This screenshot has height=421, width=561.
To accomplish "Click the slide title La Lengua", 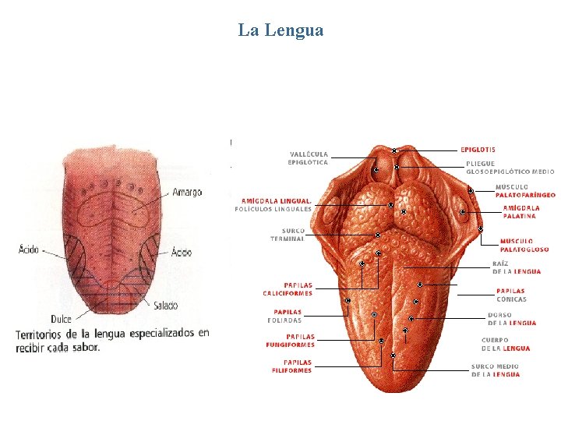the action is click(x=280, y=30).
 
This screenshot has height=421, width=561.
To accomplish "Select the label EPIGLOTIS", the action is click(x=478, y=150).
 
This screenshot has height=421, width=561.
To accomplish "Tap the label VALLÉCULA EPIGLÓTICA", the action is click(x=308, y=157).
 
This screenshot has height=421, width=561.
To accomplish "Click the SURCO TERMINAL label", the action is click(x=293, y=234).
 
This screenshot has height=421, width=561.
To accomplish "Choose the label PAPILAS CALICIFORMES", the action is click(x=287, y=289).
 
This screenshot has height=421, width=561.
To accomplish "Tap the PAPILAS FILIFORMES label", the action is click(x=291, y=366).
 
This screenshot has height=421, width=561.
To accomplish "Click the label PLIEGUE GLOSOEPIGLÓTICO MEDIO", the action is click(x=510, y=168).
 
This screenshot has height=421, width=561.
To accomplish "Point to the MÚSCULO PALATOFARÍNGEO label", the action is click(x=525, y=190).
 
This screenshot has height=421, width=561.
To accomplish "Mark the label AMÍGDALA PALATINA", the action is click(x=520, y=211).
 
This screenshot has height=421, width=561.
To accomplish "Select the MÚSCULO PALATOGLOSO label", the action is click(x=524, y=246).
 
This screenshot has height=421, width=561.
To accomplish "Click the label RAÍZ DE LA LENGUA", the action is click(x=516, y=267).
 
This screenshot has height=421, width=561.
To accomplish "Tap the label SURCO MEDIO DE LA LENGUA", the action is click(x=495, y=370).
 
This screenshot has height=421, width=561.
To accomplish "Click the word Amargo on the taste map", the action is click(x=187, y=192).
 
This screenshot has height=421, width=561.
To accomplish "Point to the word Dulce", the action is click(x=62, y=318).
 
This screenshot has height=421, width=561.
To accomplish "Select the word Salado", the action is click(x=165, y=305).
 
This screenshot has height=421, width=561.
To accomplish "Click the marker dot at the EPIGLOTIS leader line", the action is click(x=394, y=150).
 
